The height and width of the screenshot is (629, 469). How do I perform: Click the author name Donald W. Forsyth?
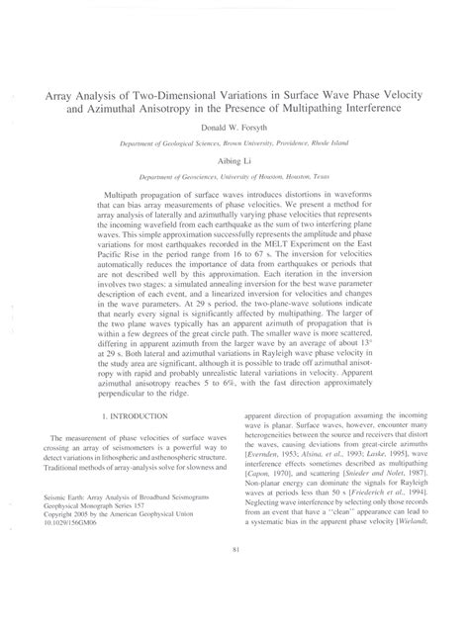click(234, 129)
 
